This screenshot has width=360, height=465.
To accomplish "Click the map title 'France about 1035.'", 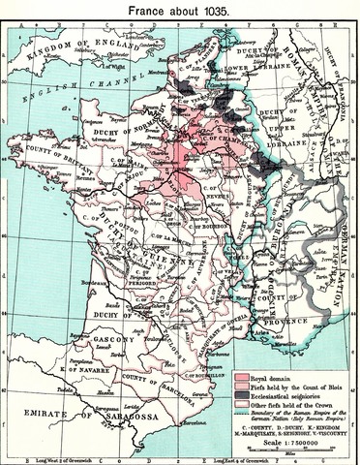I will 179,9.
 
